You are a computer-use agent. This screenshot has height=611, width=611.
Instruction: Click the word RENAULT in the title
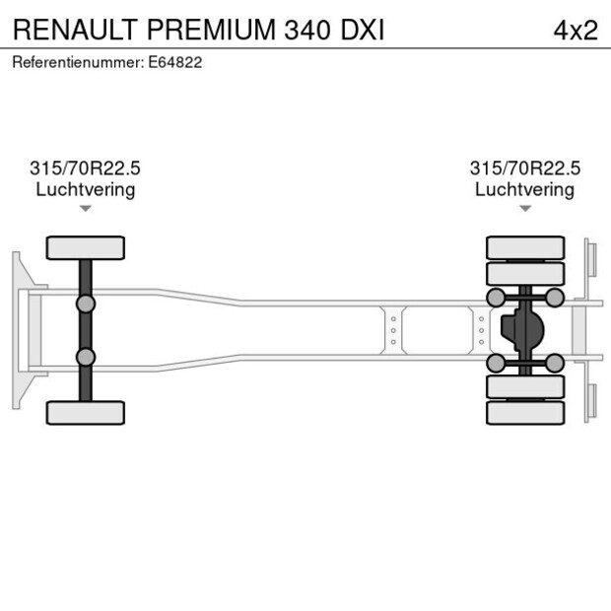[75, 30]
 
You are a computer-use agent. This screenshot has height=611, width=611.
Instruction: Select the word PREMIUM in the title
[212, 30]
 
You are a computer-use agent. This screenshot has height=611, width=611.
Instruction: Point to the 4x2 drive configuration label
[575, 30]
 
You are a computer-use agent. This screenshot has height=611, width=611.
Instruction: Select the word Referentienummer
[78, 62]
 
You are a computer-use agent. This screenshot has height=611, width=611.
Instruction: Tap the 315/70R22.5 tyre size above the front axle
[86, 170]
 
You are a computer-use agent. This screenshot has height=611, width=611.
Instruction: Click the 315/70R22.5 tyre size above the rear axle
[524, 170]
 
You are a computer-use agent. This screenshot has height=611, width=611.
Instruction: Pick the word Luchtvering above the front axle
[86, 189]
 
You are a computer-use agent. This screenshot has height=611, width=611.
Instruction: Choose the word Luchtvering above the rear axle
[524, 189]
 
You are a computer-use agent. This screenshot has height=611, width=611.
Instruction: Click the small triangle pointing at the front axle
[86, 208]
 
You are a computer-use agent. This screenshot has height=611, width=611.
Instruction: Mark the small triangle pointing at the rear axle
[525, 208]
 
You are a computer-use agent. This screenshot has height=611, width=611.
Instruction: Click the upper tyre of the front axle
[86, 247]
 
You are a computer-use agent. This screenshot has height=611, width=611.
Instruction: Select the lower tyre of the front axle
[86, 412]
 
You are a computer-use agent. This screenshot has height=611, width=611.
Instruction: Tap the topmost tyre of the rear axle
[525, 247]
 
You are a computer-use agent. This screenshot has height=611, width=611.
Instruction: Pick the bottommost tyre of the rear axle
[525, 412]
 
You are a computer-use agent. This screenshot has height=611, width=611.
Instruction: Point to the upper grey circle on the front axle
[86, 303]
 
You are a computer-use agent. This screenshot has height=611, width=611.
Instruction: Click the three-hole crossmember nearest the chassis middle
[393, 330]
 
